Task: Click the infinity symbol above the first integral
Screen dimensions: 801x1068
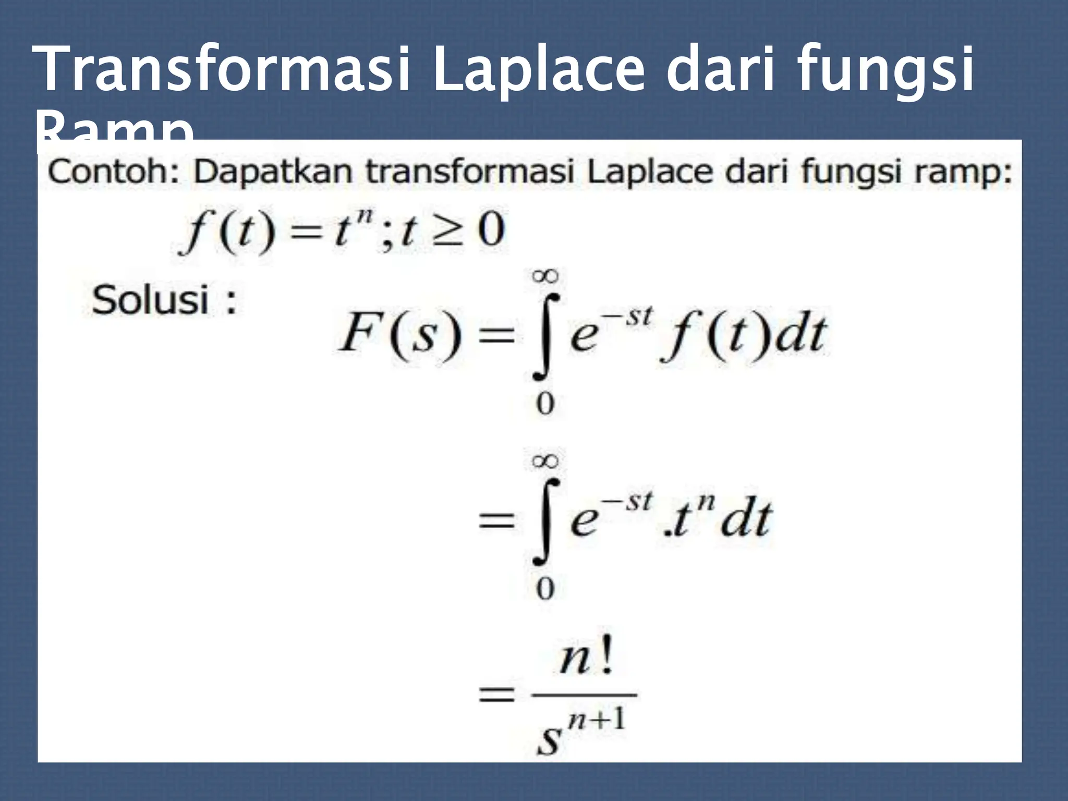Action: click(545, 276)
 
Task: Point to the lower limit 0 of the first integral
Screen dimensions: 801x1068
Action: click(545, 404)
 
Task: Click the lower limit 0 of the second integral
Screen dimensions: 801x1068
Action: click(545, 589)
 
